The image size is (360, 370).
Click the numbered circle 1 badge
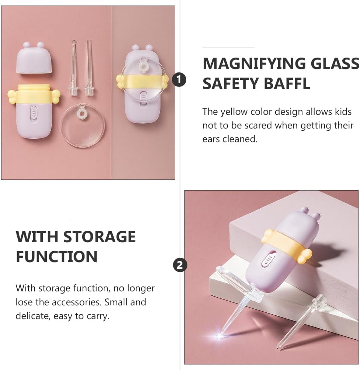click(x=179, y=79)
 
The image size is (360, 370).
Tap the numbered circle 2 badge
click(x=180, y=265)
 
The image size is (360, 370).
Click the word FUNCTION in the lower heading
click(x=56, y=257)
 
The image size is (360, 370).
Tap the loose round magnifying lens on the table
click(x=82, y=126)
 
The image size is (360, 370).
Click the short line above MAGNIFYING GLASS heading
click(x=228, y=48)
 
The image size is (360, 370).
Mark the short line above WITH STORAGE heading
click(x=42, y=220)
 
